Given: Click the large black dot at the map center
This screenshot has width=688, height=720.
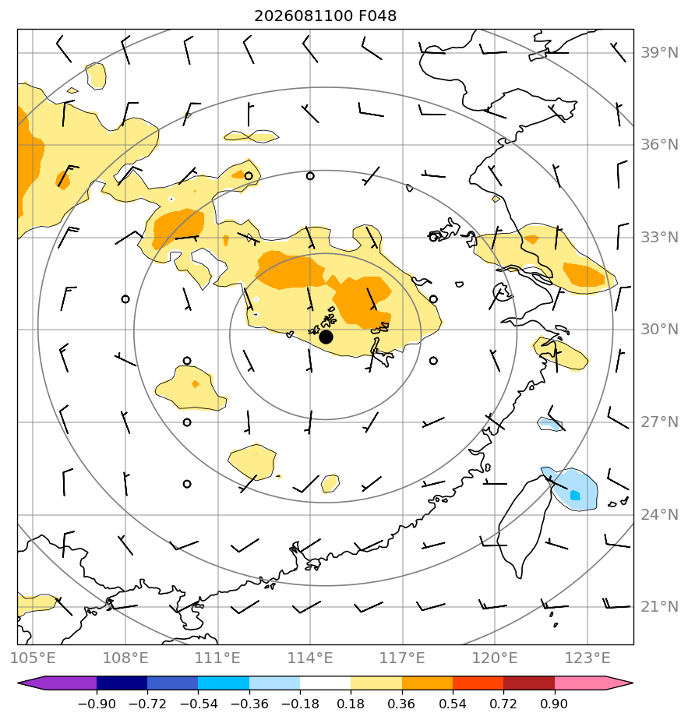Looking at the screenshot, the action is (326, 337).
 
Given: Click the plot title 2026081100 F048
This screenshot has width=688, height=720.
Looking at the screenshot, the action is (325, 16).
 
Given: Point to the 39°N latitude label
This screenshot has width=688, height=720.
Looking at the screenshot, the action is (659, 53).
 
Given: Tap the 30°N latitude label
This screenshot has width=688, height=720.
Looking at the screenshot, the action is (659, 330).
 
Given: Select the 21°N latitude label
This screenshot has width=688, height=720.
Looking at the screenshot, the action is (659, 606).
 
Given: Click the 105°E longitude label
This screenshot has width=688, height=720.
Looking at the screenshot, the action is (33, 658).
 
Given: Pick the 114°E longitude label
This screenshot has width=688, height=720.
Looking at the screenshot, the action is (310, 658).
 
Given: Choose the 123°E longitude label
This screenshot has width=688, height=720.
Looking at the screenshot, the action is (587, 658).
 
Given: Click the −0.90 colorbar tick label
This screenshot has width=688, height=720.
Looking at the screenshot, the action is (97, 704).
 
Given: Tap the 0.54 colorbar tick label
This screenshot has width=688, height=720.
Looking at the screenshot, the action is (453, 704).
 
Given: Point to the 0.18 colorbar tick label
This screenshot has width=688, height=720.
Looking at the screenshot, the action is (351, 704).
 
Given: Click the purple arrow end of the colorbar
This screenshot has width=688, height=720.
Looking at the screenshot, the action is (58, 683).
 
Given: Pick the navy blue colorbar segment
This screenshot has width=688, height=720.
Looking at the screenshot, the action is (122, 683).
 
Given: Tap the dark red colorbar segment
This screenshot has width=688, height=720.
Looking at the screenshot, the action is (529, 683).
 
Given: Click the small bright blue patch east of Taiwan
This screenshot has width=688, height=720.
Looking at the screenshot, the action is (574, 496).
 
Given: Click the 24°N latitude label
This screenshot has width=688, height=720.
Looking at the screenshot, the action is (659, 515).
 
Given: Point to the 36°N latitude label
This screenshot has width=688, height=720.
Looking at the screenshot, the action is (659, 145).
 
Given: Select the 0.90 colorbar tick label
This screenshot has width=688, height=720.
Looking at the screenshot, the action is (554, 704).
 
